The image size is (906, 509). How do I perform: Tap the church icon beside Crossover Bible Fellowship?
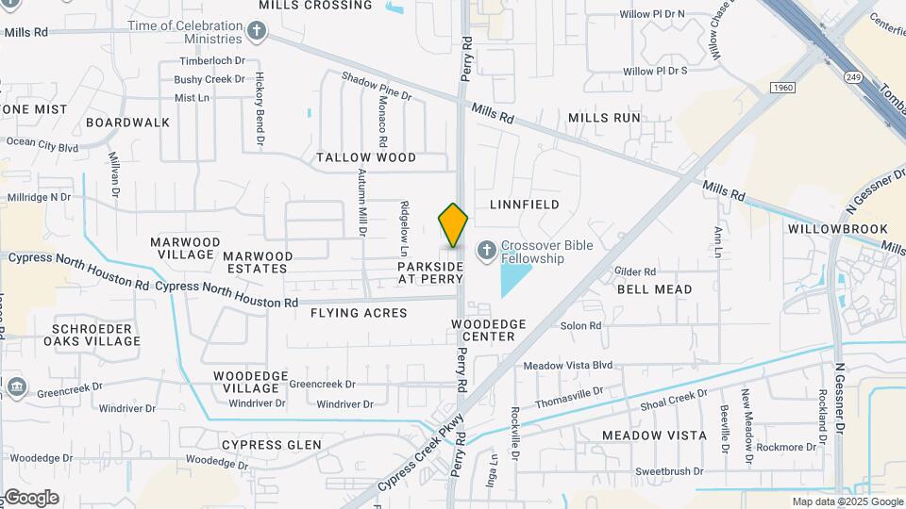tap(486, 251)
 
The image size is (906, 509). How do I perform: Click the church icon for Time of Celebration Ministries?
tap(256, 32)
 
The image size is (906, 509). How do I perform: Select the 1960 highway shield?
tap(780, 88)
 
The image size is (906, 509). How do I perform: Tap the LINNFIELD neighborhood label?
tap(525, 205)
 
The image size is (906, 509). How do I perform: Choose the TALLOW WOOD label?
tap(366, 157)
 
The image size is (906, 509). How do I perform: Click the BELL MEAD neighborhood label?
tap(654, 289)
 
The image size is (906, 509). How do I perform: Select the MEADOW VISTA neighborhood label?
tap(654, 435)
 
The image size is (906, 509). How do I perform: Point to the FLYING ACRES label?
tap(360, 313)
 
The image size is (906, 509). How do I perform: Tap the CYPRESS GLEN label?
tap(271, 445)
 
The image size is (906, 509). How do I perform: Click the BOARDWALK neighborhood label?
tap(127, 123)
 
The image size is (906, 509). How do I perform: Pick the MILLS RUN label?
tap(604, 118)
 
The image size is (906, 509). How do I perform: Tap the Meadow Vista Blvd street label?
tap(568, 366)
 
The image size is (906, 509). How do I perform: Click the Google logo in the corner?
tap(31, 498)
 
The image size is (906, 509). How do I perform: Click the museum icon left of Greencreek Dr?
tap(16, 387)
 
